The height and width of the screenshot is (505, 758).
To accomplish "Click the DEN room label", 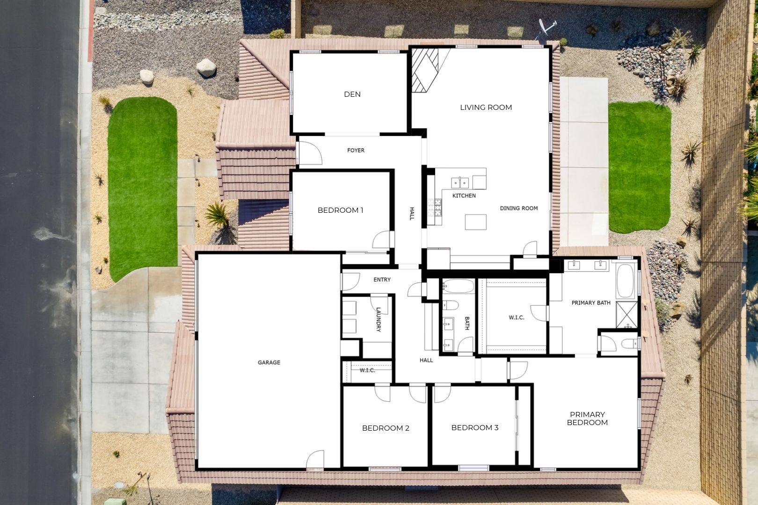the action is [x=352, y=94].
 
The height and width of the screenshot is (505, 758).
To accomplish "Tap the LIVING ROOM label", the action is [x=486, y=108].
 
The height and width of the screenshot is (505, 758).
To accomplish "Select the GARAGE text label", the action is [x=269, y=362].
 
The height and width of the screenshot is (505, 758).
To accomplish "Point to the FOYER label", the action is [x=356, y=150].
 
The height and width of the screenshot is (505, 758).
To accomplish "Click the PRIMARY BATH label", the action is [x=591, y=303].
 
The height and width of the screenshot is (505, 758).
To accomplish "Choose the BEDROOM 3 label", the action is [x=475, y=427].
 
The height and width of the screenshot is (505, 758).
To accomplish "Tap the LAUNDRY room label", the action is [x=379, y=320].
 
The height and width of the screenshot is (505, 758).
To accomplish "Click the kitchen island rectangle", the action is [x=475, y=222].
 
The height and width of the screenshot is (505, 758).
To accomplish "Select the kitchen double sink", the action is [x=460, y=183].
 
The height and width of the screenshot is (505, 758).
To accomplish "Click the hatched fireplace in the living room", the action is [x=425, y=70].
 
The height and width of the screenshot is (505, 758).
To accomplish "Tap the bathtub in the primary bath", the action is [x=625, y=281].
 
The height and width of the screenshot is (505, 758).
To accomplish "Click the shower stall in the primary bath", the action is [x=627, y=315].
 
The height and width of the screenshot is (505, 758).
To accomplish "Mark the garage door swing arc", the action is [x=315, y=459].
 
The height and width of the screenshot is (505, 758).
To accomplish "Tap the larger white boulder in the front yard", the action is [x=206, y=68].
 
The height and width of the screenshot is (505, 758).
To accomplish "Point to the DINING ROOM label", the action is [x=519, y=209].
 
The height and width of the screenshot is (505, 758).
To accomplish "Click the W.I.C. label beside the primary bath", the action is [x=517, y=317].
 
